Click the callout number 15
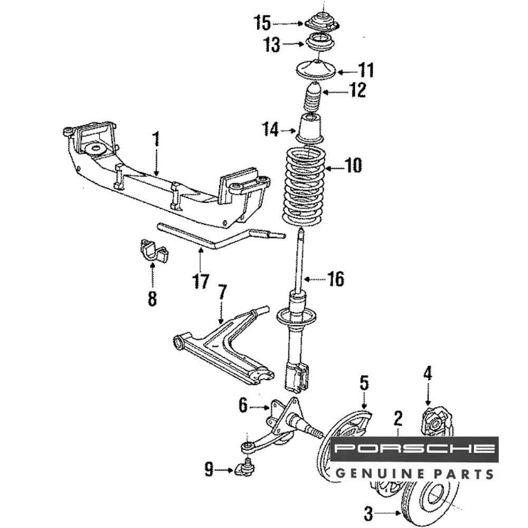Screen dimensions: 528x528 pyautogui.click(x=262, y=23)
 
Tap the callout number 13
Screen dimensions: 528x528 pyautogui.click(x=272, y=45)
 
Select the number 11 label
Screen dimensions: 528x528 pyautogui.click(x=366, y=70)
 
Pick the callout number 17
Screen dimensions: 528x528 pyautogui.click(x=201, y=281)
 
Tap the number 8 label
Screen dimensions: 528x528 pyautogui.click(x=152, y=299)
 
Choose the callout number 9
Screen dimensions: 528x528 pyautogui.click(x=209, y=469)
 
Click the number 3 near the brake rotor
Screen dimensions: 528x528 pyautogui.click(x=369, y=512)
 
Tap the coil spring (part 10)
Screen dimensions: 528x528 pyautogui.click(x=303, y=185)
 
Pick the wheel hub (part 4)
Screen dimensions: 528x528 pyautogui.click(x=437, y=422)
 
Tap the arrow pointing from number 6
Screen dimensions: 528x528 pyautogui.click(x=259, y=407)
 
